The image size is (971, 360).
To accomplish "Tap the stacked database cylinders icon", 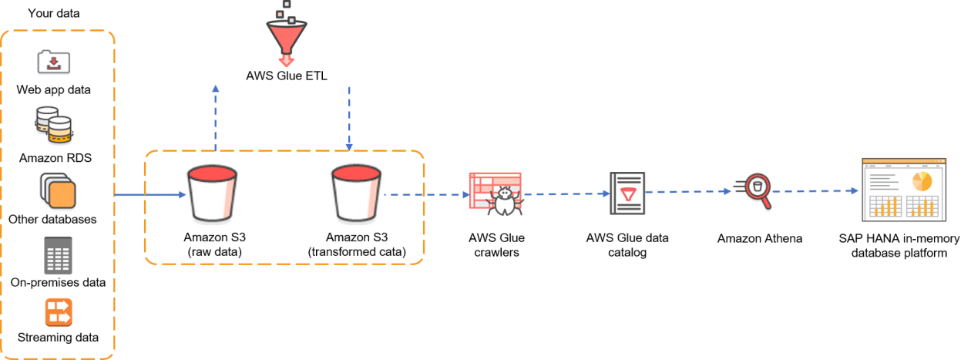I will point(52,125).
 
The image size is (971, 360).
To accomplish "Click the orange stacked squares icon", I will point(58,193).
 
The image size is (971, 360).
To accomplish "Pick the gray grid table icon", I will point(58,255).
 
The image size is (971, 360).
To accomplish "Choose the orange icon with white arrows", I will point(58,312).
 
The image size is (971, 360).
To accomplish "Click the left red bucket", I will point(213,194).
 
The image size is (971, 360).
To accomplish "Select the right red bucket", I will point(357,194).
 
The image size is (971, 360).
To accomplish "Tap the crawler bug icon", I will point(496,194).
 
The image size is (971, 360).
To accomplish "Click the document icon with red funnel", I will point(627,193).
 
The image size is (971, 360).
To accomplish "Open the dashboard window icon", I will point(904,190).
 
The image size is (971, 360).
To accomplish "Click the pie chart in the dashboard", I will point(922,181).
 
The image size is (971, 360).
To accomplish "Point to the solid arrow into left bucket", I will point(150,195).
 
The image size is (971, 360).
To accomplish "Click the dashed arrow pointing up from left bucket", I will point(216,116).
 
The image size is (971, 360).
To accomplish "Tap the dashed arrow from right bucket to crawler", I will point(426,195).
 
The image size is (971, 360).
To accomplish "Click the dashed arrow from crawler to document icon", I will point(566,194).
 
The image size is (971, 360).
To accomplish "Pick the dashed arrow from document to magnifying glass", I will point(687,192).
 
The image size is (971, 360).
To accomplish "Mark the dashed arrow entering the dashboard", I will point(817,191).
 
